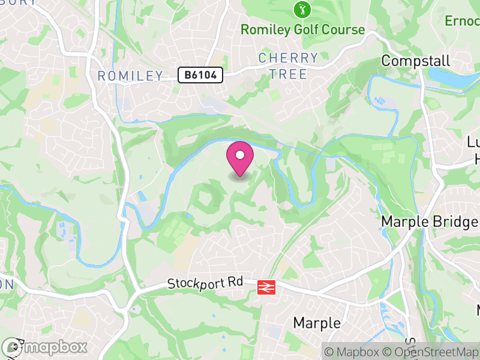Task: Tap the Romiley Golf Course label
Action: pos(302,29)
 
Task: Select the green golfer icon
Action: pos(301,9)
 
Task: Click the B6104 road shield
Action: pos(200,75)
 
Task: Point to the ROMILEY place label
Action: pos(130,76)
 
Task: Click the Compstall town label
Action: pos(416,61)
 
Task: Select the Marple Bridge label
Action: pos(430,221)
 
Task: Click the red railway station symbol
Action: pos(266,287)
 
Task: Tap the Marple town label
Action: pos(317,323)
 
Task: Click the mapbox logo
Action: pos(44,347)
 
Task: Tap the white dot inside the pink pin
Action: pos(240,155)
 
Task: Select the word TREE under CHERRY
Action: pos(288,74)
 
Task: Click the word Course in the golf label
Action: pos(342,29)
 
